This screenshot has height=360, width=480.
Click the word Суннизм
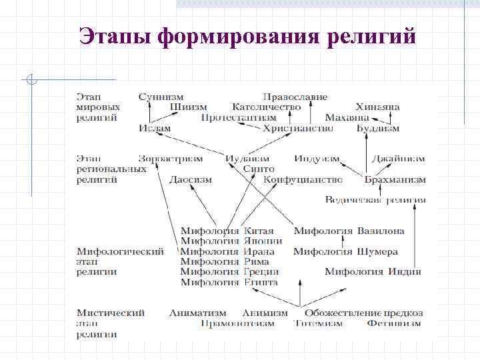[x=161, y=97]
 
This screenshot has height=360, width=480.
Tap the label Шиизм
[x=188, y=107]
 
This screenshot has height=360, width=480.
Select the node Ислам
[x=155, y=128]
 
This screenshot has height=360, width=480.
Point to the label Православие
[x=295, y=97]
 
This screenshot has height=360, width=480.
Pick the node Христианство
[x=298, y=128]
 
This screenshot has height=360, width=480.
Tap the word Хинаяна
[x=378, y=107]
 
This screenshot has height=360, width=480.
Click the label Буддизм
[x=378, y=128]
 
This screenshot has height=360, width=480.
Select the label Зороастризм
[x=171, y=159]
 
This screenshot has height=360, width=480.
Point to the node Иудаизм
[x=247, y=159]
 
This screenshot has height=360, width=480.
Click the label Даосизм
[x=191, y=179]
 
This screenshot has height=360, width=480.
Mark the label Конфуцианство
[x=303, y=179]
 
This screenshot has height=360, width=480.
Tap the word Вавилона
[x=381, y=231]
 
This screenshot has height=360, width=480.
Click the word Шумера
[x=378, y=251]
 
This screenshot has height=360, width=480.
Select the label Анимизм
[x=265, y=313]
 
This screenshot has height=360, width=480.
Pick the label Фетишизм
[x=394, y=323]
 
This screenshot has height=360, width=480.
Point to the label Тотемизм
[x=318, y=323]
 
